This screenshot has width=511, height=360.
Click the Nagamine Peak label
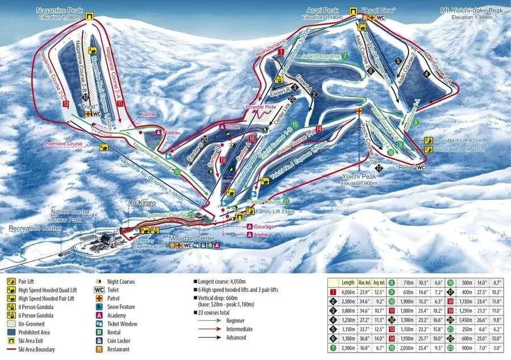click(x=60, y=10)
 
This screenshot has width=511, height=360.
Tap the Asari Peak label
click(x=322, y=10)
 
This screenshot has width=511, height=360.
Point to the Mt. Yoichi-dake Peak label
click(x=472, y=10)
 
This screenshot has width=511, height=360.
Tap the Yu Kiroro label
click(x=142, y=201)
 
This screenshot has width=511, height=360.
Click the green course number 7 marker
click(x=345, y=56)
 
